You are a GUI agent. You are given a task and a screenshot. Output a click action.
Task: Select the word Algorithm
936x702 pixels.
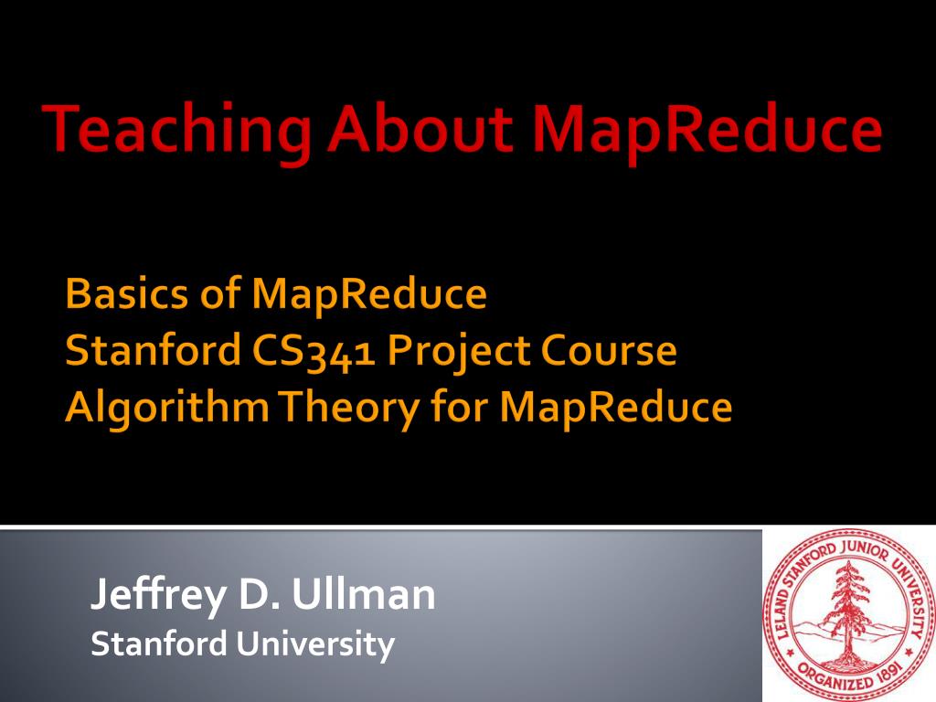[x=166, y=408]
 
